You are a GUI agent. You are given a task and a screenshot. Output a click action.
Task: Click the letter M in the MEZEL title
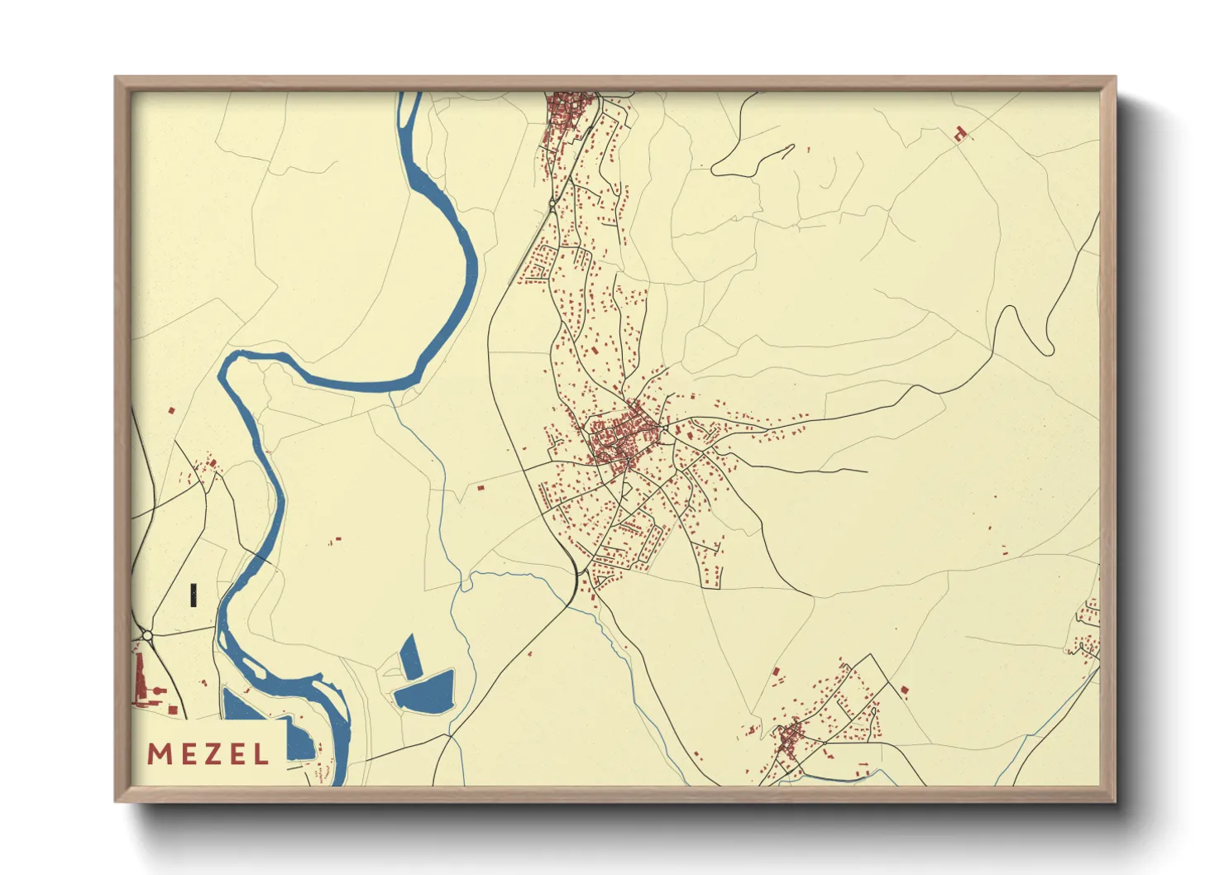tap(159, 754)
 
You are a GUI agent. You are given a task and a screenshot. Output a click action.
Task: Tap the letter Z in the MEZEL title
tap(210, 754)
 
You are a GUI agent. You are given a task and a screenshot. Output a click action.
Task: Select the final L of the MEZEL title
tap(261, 754)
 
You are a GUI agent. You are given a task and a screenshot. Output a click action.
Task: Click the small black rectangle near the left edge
tap(194, 595)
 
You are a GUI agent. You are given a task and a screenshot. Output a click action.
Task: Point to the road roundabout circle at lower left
tap(147, 635)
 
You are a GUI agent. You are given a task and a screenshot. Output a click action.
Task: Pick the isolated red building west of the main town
tap(481, 489)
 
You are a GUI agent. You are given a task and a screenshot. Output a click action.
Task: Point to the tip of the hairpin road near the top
tap(791, 148)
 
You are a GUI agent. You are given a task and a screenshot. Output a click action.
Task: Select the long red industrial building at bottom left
tap(141, 678)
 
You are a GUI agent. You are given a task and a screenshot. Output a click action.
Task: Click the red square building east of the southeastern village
tap(904, 689)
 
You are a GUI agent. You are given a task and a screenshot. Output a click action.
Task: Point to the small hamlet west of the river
tap(205, 469)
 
